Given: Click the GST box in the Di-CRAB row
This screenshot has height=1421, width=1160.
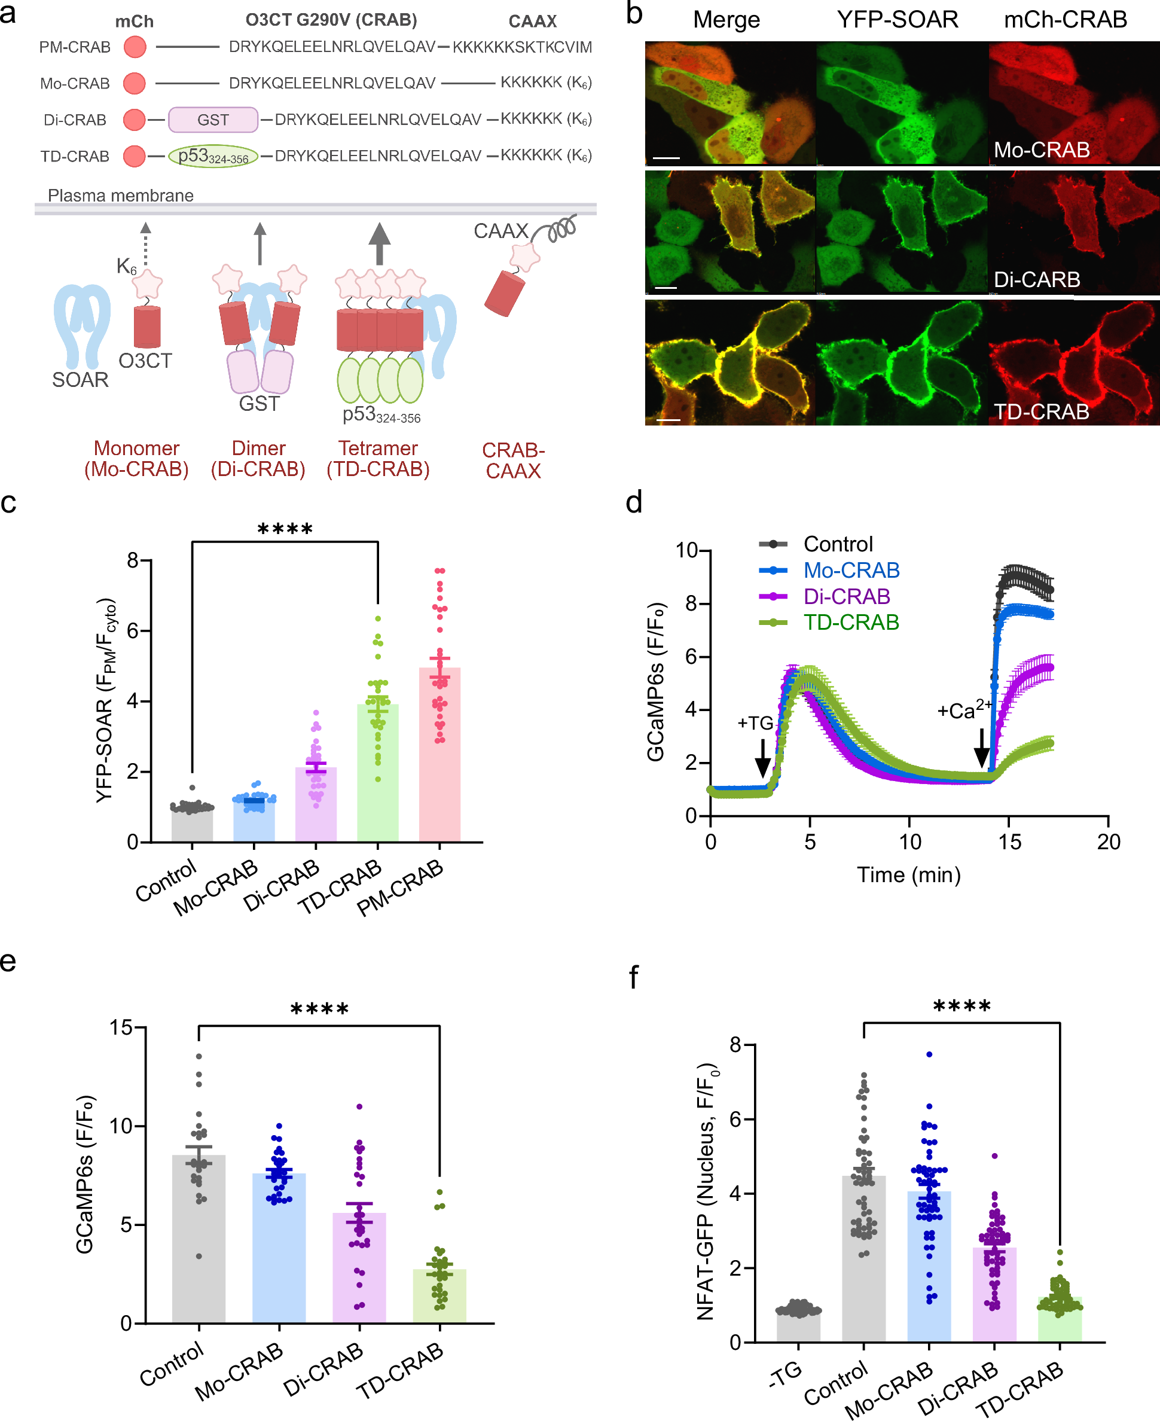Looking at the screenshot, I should [212, 120].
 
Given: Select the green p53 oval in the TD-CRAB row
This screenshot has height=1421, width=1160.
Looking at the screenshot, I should [212, 157].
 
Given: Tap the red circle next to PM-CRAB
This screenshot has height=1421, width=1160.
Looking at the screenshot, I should [135, 47].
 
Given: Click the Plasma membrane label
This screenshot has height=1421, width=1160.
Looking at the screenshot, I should [120, 195].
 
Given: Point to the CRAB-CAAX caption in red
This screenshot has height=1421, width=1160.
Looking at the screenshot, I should [513, 461].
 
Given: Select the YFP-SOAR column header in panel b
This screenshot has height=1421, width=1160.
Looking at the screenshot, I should [898, 19].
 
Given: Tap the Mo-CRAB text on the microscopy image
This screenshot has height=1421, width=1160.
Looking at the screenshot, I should [1041, 150].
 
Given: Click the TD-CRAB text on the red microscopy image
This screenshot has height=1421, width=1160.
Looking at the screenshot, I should [1041, 411].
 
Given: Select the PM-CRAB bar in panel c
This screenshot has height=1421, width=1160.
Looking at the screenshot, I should [439, 755].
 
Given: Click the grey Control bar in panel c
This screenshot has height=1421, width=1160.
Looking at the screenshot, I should [192, 825].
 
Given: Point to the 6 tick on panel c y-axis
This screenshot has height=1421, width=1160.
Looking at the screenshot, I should [134, 631].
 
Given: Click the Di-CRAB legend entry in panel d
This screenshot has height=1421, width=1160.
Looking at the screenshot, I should [846, 596].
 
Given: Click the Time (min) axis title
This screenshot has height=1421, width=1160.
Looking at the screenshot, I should [909, 874].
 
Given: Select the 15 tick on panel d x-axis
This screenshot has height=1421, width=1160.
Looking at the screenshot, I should [1009, 842].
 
